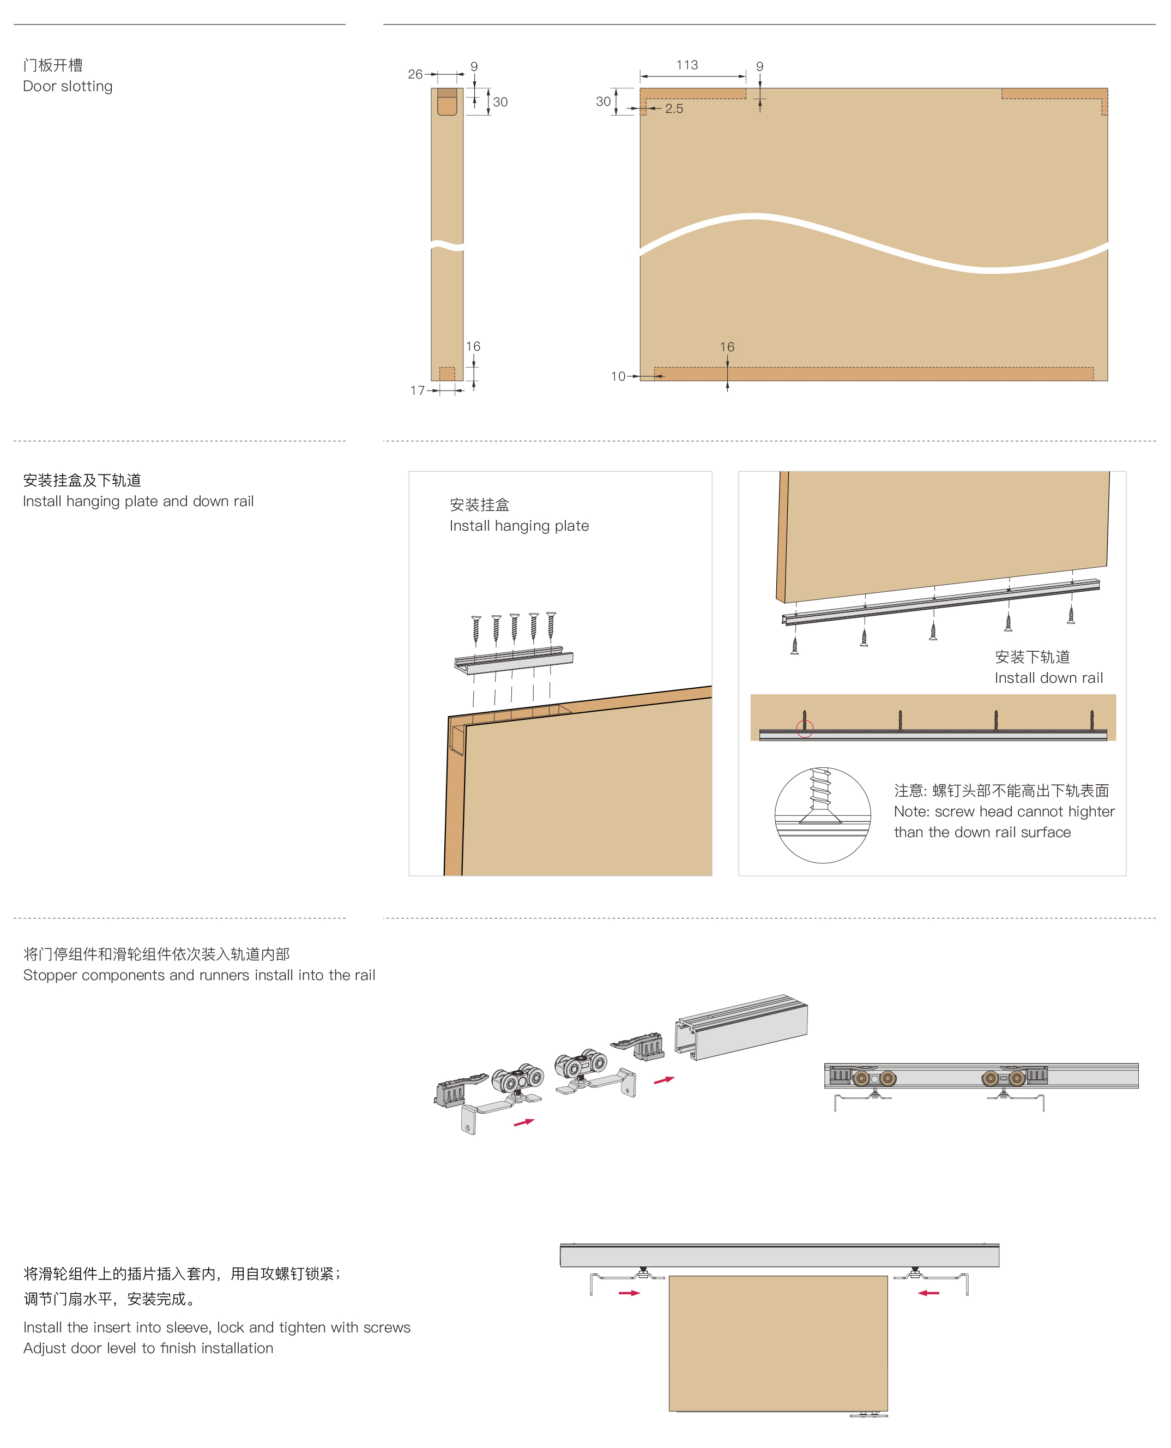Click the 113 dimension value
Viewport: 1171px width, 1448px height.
coord(687,65)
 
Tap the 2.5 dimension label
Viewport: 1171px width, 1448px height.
coord(674,109)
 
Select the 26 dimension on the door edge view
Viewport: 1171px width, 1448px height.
coord(415,74)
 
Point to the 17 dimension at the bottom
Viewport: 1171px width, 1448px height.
coord(418,390)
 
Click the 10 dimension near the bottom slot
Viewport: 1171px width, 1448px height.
coord(618,376)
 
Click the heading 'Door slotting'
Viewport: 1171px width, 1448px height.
coord(68,86)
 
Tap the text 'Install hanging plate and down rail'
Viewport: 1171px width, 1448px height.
coord(138,501)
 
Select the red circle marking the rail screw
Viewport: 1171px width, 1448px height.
coord(805,728)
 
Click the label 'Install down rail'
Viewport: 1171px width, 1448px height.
coord(1048,678)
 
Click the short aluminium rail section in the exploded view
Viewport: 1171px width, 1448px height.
coord(741,1026)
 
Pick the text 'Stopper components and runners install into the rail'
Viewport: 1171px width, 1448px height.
coord(199,976)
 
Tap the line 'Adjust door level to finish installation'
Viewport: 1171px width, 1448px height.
coord(148,1349)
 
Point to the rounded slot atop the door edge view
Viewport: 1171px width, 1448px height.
coord(447,102)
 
